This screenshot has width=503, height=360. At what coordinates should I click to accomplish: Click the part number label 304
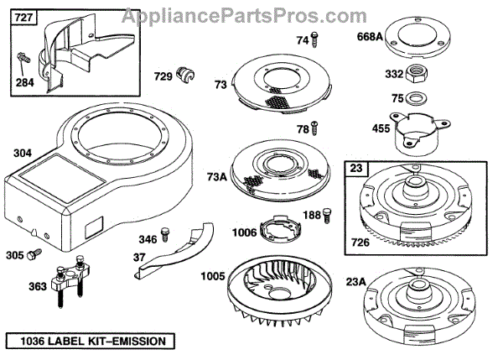tap(22, 154)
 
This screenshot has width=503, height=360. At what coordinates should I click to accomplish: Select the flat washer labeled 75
tap(415, 99)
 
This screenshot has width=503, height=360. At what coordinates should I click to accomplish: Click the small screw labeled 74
tap(316, 37)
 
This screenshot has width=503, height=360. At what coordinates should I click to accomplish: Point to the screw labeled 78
tap(315, 127)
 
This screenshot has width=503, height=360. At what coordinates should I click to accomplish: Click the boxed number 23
tap(356, 167)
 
